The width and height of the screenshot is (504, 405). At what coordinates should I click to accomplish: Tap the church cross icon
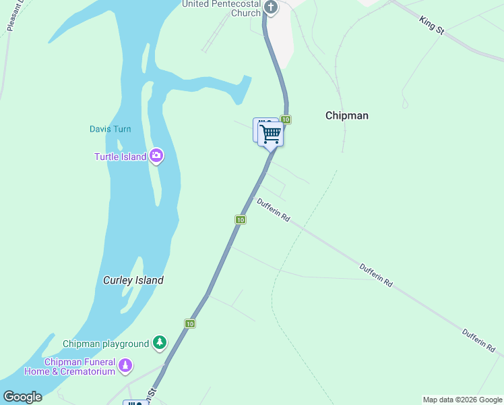[x=271, y=8]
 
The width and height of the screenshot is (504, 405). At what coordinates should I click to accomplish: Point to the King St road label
[x=433, y=26]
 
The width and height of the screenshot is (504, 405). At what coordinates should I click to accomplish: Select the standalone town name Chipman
[x=346, y=115]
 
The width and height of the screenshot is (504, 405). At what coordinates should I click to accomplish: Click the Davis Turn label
[x=110, y=129]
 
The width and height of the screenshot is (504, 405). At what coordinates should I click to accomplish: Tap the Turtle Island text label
[x=120, y=157]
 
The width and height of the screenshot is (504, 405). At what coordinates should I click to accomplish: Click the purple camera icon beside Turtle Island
[x=156, y=157]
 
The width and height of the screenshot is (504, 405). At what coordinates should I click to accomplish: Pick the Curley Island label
[x=133, y=280]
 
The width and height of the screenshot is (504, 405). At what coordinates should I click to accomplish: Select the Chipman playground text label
[x=106, y=344]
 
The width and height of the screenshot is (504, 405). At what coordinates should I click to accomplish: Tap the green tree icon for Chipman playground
[x=159, y=343]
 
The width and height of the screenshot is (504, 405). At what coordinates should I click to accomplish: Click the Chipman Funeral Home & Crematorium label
[x=69, y=367]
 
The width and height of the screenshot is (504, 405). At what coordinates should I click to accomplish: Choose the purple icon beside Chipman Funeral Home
[x=125, y=366]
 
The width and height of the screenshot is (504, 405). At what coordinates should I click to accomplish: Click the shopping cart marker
[x=271, y=134]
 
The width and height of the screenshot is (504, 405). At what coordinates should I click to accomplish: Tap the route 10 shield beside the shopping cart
[x=286, y=119]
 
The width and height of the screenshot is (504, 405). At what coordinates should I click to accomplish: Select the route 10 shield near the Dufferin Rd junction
[x=240, y=219]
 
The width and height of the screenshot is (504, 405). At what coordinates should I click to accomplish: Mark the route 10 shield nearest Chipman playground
[x=190, y=324]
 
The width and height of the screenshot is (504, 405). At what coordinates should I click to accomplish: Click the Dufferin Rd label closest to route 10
[x=273, y=210]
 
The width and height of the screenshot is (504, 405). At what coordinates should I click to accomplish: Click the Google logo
[x=22, y=397]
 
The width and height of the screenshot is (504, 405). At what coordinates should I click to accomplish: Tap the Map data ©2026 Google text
[x=462, y=400]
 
